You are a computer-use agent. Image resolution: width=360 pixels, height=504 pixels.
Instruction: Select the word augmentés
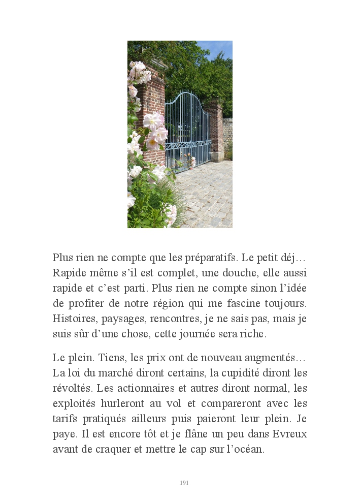[278, 358]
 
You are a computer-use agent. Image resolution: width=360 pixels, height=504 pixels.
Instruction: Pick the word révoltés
[72, 389]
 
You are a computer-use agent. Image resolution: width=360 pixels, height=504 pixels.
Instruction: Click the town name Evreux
[289, 434]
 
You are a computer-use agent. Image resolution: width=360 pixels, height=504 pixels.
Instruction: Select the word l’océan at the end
[246, 450]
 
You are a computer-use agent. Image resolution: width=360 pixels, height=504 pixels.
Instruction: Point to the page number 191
[184, 483]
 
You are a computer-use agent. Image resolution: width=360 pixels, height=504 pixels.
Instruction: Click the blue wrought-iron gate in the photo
[187, 130]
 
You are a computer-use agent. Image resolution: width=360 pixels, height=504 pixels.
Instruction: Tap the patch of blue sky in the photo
[219, 48]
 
